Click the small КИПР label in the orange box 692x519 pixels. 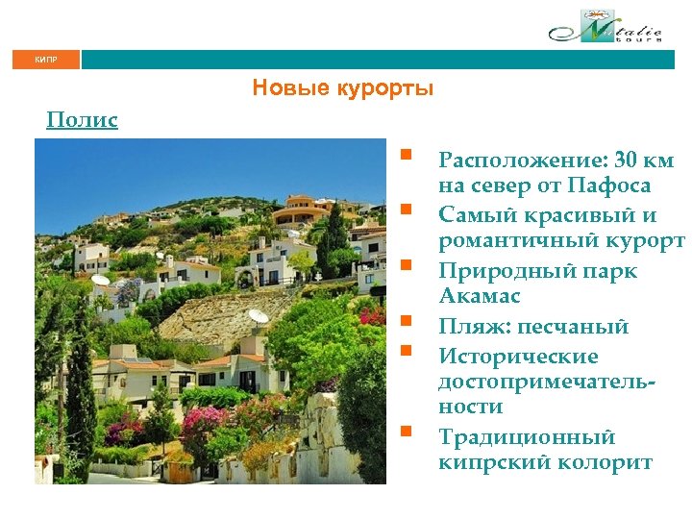click(x=46, y=60)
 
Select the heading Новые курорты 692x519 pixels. click(x=343, y=88)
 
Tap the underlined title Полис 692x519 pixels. click(x=83, y=120)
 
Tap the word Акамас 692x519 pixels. click(x=481, y=294)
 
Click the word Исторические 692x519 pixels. click(x=518, y=357)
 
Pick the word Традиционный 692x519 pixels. click(x=527, y=437)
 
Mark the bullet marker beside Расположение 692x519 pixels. click(x=408, y=153)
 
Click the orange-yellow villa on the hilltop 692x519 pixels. click(x=300, y=210)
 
